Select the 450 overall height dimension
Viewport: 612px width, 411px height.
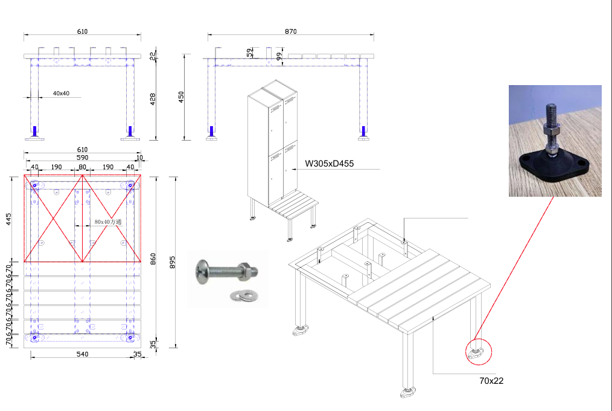point(180,97)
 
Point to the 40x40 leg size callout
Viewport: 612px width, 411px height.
point(61,93)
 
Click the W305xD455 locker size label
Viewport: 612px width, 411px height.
point(329,163)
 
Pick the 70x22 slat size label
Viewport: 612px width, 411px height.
point(491,380)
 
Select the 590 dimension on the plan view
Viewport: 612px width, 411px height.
point(82,158)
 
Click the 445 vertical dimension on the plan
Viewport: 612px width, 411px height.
point(8,218)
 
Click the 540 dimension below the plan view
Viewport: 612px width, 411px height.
point(82,354)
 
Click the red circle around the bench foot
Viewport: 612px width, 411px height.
point(479,352)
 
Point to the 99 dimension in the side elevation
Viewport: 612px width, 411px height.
point(278,56)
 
